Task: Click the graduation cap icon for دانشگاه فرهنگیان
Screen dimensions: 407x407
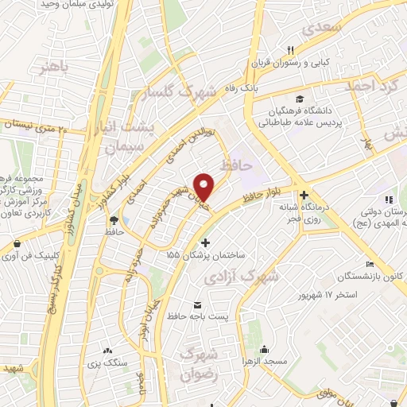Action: coord(299,99)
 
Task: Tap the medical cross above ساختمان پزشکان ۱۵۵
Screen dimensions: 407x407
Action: coord(206,242)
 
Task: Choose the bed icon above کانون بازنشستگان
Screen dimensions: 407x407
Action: coord(368,265)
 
